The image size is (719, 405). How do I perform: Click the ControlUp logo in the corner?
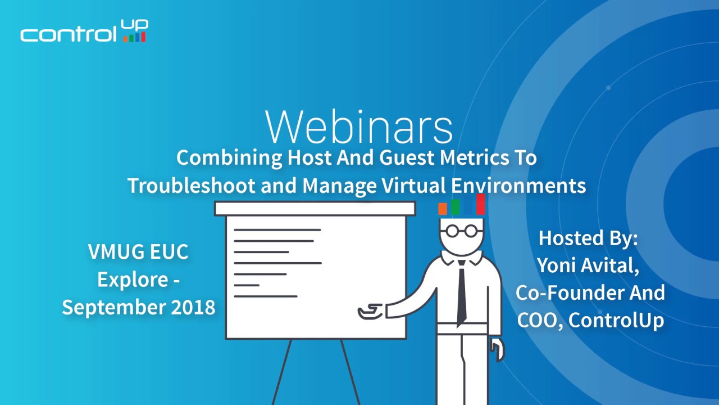(84, 32)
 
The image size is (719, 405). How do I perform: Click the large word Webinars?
(359, 127)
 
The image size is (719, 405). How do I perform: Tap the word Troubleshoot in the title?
(192, 185)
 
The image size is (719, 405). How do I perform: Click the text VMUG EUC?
(138, 252)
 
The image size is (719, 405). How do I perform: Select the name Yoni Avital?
(588, 265)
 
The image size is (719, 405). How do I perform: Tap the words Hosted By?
(588, 238)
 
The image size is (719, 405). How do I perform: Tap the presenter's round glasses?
(461, 231)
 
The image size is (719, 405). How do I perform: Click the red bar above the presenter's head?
(481, 204)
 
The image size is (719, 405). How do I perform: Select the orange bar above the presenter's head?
(443, 209)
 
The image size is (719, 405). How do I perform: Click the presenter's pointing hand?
(371, 310)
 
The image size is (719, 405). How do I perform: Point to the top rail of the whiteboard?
(315, 209)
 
